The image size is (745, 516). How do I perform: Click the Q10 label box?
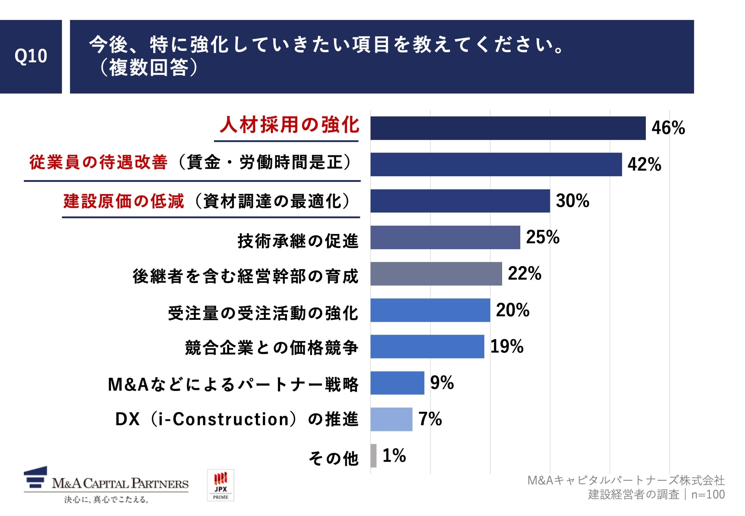pos(31,57)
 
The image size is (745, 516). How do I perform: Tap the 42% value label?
pos(644,164)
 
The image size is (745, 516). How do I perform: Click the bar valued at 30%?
pos(460,201)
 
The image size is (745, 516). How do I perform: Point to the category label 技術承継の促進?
pos(298,241)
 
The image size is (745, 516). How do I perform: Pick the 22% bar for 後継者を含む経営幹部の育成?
pos(436,274)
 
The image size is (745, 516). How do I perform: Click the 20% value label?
pos(512,310)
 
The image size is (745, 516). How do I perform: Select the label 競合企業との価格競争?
pos(271,348)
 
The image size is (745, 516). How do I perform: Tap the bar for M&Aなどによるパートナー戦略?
pos(397,383)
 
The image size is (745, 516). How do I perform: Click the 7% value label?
pos(430,419)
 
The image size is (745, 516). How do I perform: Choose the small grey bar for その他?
pos(373,455)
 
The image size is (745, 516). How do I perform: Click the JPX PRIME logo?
pos(221,485)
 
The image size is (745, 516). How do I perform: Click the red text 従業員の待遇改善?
pos(99,162)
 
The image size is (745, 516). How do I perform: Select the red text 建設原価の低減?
pos(123,201)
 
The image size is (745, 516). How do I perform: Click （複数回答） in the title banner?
pos(149,68)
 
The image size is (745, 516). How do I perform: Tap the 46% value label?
pos(668,128)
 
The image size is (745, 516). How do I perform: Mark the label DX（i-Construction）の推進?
pos(237,419)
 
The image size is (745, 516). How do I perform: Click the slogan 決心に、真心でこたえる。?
pos(107,500)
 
